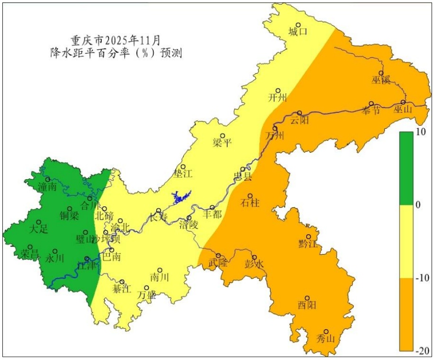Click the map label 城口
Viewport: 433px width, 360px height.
pyautogui.click(x=298, y=32)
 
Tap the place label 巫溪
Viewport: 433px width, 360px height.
pyautogui.click(x=380, y=79)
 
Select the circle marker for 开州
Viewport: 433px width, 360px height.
pyautogui.click(x=278, y=91)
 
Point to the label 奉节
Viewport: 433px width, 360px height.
pyautogui.click(x=371, y=111)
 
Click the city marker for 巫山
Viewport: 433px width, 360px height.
pyautogui.click(x=403, y=102)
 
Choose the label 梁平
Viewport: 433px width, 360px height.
pyautogui.click(x=222, y=142)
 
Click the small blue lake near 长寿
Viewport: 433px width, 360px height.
pyautogui.click(x=181, y=196)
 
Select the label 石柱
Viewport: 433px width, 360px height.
pyautogui.click(x=250, y=203)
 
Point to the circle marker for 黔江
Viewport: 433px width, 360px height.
pyautogui.click(x=309, y=237)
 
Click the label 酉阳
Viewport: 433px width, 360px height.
pyautogui.click(x=307, y=305)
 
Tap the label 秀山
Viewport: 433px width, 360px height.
pyautogui.click(x=326, y=339)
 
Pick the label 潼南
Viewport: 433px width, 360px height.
pyautogui.click(x=47, y=187)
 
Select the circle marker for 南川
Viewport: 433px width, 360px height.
pyautogui.click(x=160, y=270)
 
